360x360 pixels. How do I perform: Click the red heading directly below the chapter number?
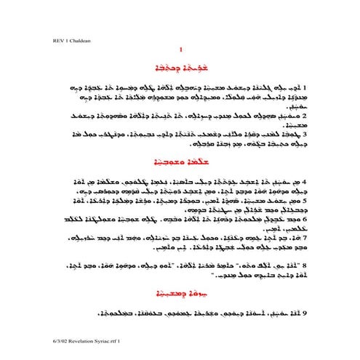click(x=180, y=66)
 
